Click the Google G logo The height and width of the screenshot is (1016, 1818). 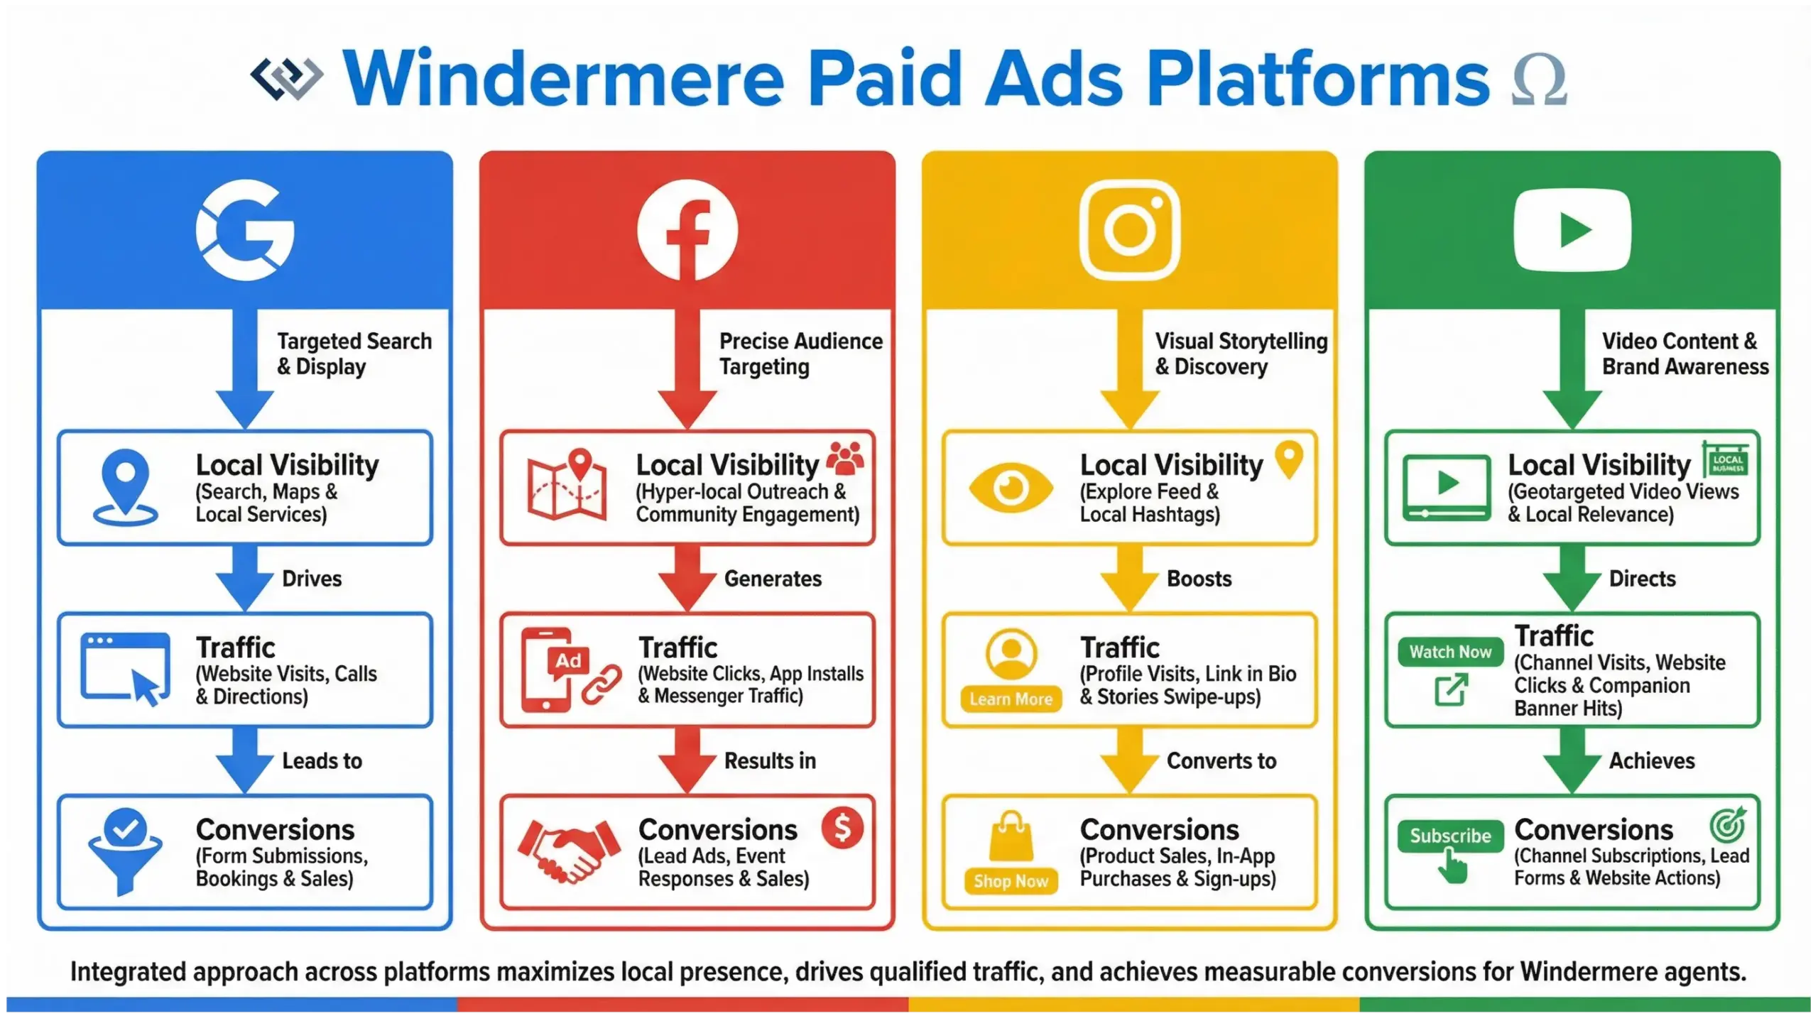pyautogui.click(x=245, y=230)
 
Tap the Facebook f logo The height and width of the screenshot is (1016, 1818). pyautogui.click(x=687, y=230)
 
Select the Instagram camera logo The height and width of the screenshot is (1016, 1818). pyautogui.click(x=1129, y=229)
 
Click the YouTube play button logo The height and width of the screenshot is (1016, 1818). pyautogui.click(x=1572, y=230)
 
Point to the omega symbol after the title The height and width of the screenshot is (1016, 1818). pyautogui.click(x=1539, y=81)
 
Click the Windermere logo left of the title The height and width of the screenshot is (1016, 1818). pyautogui.click(x=287, y=77)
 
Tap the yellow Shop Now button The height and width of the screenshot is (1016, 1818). pyautogui.click(x=1011, y=881)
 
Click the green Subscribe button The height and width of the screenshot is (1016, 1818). pyautogui.click(x=1449, y=836)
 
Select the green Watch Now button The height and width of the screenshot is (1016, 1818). pyautogui.click(x=1449, y=652)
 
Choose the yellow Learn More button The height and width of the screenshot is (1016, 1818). pyautogui.click(x=1011, y=699)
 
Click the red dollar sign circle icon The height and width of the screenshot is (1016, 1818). pyautogui.click(x=842, y=828)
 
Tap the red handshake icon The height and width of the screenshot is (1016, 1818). pyautogui.click(x=568, y=851)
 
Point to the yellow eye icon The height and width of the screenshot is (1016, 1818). pyautogui.click(x=1011, y=488)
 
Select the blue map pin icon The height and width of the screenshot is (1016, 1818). pyautogui.click(x=126, y=486)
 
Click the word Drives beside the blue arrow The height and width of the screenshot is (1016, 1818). pyautogui.click(x=312, y=579)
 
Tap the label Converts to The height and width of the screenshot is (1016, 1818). pyautogui.click(x=1221, y=761)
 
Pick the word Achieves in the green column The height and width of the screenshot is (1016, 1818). pyautogui.click(x=1651, y=761)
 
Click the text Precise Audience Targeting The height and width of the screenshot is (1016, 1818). pyautogui.click(x=800, y=354)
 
